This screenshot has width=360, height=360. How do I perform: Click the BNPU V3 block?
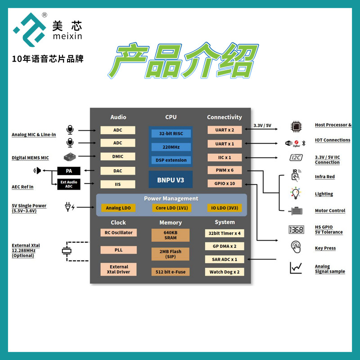coord(171,180)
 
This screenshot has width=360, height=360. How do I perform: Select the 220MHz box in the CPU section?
coord(171,147)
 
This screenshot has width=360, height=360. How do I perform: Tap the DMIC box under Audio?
coord(117,157)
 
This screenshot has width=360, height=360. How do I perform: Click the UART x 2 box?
coord(224,130)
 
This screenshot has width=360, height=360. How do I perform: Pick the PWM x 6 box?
coord(224,170)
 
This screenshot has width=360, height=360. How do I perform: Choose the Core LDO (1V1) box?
coord(171,208)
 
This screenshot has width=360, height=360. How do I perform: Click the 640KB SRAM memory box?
coord(171,235)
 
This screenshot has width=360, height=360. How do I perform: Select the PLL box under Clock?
coord(118,250)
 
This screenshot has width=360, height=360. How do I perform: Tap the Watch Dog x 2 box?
coord(224,272)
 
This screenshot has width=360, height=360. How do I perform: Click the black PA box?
coord(69,171)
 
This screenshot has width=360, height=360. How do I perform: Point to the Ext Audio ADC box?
coord(69,184)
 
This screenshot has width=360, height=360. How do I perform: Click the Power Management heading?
coord(171,198)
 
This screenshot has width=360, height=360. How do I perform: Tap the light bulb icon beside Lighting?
coord(295,193)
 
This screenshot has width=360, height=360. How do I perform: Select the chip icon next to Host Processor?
coord(295,126)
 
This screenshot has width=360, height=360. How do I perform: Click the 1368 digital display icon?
coord(296,229)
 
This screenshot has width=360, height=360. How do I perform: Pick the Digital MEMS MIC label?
coord(30,158)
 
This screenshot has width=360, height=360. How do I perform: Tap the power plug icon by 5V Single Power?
coord(70,207)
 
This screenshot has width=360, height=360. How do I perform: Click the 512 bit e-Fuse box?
coord(171,272)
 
